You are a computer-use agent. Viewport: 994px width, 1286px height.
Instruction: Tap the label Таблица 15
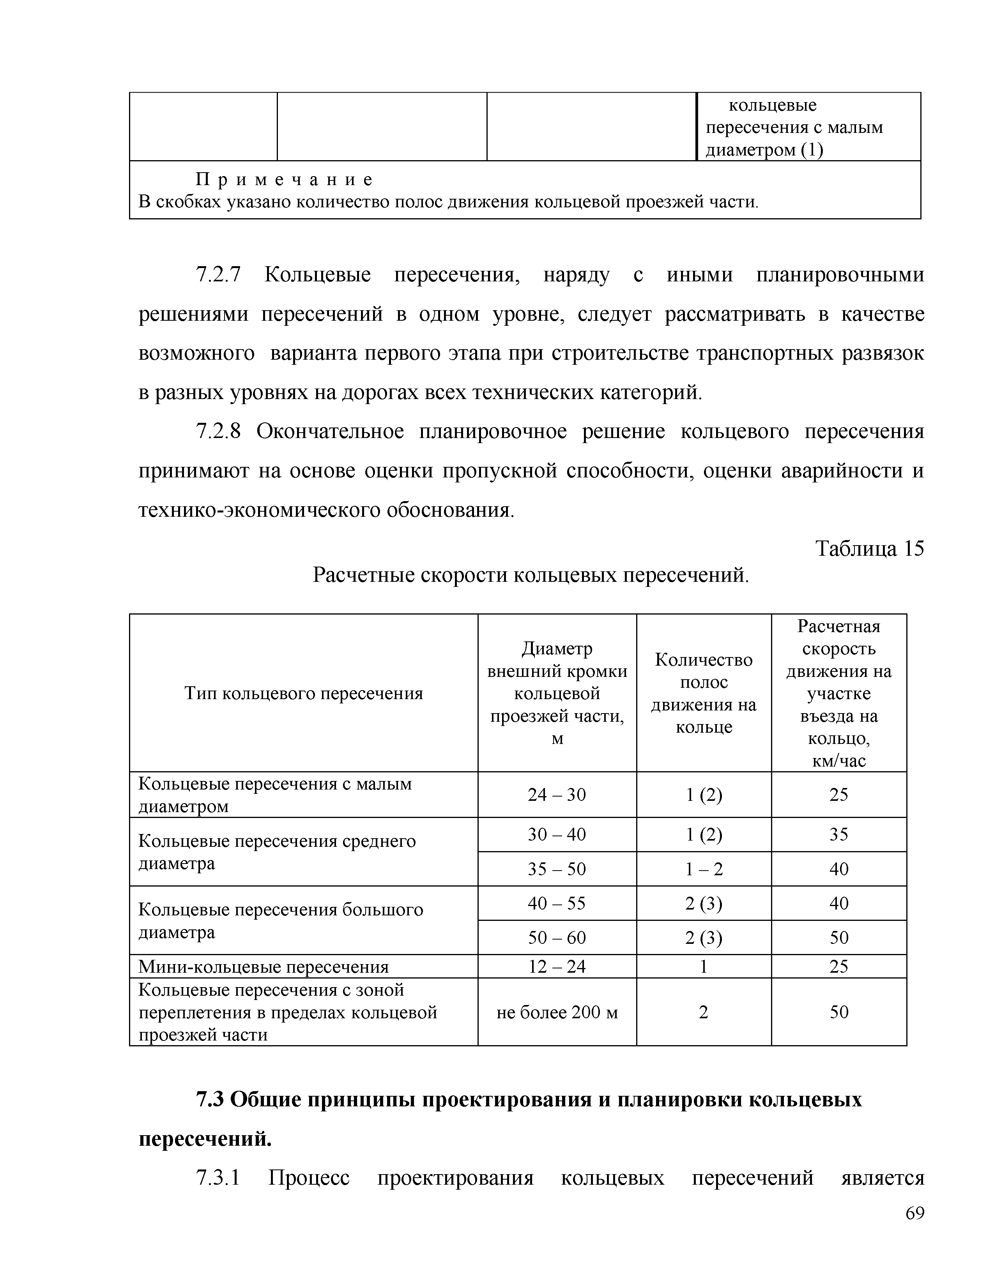[869, 549]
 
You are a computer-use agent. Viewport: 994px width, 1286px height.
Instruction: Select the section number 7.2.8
[218, 432]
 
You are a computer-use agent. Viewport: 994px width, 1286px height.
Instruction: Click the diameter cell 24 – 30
[557, 794]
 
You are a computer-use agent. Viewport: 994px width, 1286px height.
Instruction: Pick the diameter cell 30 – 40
[557, 834]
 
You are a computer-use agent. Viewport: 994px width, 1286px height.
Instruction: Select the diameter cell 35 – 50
[557, 869]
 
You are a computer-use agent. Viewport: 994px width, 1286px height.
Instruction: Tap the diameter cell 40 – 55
[557, 903]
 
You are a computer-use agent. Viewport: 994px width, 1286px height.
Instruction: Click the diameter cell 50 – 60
[557, 937]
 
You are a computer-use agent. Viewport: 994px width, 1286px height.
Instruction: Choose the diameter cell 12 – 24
[557, 966]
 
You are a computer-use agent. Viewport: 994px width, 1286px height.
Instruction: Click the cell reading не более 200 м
[557, 1012]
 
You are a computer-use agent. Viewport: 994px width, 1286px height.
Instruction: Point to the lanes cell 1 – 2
[704, 869]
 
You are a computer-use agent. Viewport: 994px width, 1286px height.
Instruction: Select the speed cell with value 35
[838, 834]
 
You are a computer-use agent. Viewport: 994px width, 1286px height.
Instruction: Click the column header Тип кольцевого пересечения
[304, 693]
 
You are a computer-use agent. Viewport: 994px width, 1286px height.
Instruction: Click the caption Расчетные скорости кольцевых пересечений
[531, 575]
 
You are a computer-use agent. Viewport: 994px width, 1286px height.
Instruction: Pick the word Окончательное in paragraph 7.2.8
[330, 432]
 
